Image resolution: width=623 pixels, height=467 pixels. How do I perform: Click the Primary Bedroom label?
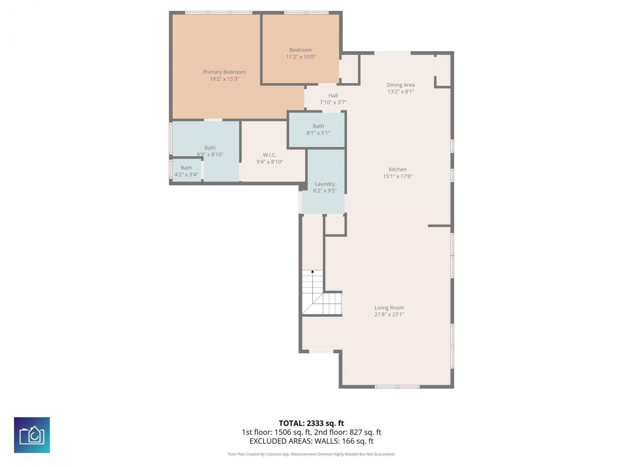[224, 72]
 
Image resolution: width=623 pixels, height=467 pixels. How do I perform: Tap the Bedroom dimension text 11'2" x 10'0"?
[300, 57]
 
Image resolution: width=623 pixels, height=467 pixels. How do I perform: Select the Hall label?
[333, 95]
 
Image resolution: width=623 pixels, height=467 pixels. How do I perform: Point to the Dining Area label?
[401, 85]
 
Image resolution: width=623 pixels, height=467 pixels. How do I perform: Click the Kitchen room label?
[398, 169]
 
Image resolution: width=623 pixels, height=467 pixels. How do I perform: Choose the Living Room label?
[389, 307]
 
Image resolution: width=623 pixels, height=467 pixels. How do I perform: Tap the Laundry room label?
[325, 184]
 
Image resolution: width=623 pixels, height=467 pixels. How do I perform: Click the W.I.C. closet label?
[270, 155]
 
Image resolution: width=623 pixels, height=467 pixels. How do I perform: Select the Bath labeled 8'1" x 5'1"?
[318, 129]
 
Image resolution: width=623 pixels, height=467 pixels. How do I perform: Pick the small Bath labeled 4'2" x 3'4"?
[186, 171]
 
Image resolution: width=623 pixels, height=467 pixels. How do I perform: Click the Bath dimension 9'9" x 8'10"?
[210, 155]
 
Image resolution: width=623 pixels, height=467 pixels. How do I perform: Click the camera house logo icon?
[32, 435]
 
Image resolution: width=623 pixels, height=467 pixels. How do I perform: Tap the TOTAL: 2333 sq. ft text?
[311, 423]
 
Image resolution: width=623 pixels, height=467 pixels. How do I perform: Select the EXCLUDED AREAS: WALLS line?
[311, 441]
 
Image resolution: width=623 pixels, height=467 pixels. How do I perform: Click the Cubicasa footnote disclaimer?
[311, 454]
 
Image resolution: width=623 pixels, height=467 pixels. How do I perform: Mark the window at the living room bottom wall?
[397, 387]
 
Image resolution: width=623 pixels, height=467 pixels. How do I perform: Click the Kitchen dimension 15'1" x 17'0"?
[398, 177]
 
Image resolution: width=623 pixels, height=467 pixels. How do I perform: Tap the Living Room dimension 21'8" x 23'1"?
[389, 315]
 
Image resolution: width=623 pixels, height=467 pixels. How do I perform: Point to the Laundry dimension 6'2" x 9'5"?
[325, 191]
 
